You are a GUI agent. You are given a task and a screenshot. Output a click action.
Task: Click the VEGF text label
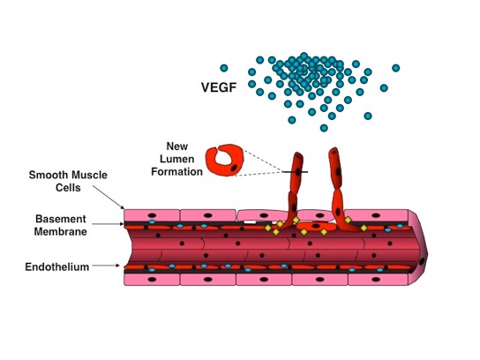pos(219,87)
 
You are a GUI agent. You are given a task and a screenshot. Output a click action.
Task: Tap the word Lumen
pos(177,159)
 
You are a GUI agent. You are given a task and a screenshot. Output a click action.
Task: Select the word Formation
pos(177,172)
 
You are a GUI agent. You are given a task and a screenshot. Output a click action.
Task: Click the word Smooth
pos(48,175)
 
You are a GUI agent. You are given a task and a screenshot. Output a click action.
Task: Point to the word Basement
pos(61,219)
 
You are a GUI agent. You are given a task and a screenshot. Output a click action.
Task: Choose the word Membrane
pos(61,232)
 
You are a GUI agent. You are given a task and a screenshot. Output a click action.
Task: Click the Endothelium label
pos(57,267)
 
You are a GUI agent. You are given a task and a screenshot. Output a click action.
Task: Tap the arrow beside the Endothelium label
pos(106,266)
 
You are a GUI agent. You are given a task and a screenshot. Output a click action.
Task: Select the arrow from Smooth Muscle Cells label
pos(109,197)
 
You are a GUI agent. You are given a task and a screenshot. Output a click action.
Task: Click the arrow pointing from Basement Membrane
pos(108,224)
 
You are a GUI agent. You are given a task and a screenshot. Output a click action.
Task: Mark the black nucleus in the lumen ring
pos(234,168)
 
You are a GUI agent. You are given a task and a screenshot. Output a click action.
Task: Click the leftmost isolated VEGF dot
pos(224,68)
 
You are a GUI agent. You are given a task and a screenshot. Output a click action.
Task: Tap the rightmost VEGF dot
pos(396,68)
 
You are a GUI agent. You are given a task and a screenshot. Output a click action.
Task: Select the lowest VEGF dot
pos(324,128)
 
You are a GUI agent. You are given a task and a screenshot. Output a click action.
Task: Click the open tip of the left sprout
pos(298,155)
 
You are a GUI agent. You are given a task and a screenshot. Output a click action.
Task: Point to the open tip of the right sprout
pos(334,151)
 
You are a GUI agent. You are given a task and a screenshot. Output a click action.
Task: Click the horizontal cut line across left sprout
pos(296,172)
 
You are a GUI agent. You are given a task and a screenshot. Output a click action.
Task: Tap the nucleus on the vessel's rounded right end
pos(422,261)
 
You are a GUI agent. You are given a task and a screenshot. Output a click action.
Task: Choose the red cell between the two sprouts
pos(316,227)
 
